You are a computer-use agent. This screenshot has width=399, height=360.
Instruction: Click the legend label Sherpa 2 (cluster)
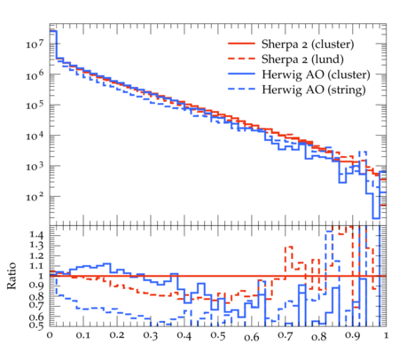point(308,44)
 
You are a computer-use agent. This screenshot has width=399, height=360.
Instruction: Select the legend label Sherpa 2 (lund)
point(302,59)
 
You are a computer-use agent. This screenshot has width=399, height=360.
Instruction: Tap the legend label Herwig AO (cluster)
point(316,74)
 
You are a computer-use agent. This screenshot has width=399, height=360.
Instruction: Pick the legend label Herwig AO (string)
point(314,90)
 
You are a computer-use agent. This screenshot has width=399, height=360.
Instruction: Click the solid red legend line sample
point(241,43)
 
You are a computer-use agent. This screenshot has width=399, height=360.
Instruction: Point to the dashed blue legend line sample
point(241,89)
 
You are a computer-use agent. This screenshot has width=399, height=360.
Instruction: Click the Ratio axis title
point(12,276)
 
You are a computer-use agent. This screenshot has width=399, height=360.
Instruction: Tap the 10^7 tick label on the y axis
point(35,43)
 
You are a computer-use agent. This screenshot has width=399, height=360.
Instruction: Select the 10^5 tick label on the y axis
point(35,105)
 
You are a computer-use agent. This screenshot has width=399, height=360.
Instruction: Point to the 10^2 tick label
point(35,196)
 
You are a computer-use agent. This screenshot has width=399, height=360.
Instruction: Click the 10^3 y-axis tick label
point(35,166)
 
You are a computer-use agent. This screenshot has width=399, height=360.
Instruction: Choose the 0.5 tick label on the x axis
point(218,336)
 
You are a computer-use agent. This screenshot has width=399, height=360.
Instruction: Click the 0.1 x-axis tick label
point(83,336)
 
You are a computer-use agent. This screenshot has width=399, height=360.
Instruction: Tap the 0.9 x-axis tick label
point(353,336)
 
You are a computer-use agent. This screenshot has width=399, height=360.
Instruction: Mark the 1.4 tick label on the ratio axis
point(36,235)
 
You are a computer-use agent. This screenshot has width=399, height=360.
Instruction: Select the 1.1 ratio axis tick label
point(36,265)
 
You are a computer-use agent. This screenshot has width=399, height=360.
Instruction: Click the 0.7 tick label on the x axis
point(286,336)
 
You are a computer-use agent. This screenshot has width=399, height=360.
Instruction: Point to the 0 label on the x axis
point(50,336)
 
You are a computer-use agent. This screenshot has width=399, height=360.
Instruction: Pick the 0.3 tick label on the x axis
point(151,336)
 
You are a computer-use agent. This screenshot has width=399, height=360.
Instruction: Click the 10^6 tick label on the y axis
point(35,74)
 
